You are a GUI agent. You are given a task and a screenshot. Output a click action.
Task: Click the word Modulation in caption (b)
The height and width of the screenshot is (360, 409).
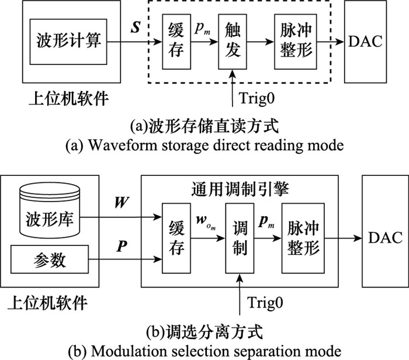tap(117, 352)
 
